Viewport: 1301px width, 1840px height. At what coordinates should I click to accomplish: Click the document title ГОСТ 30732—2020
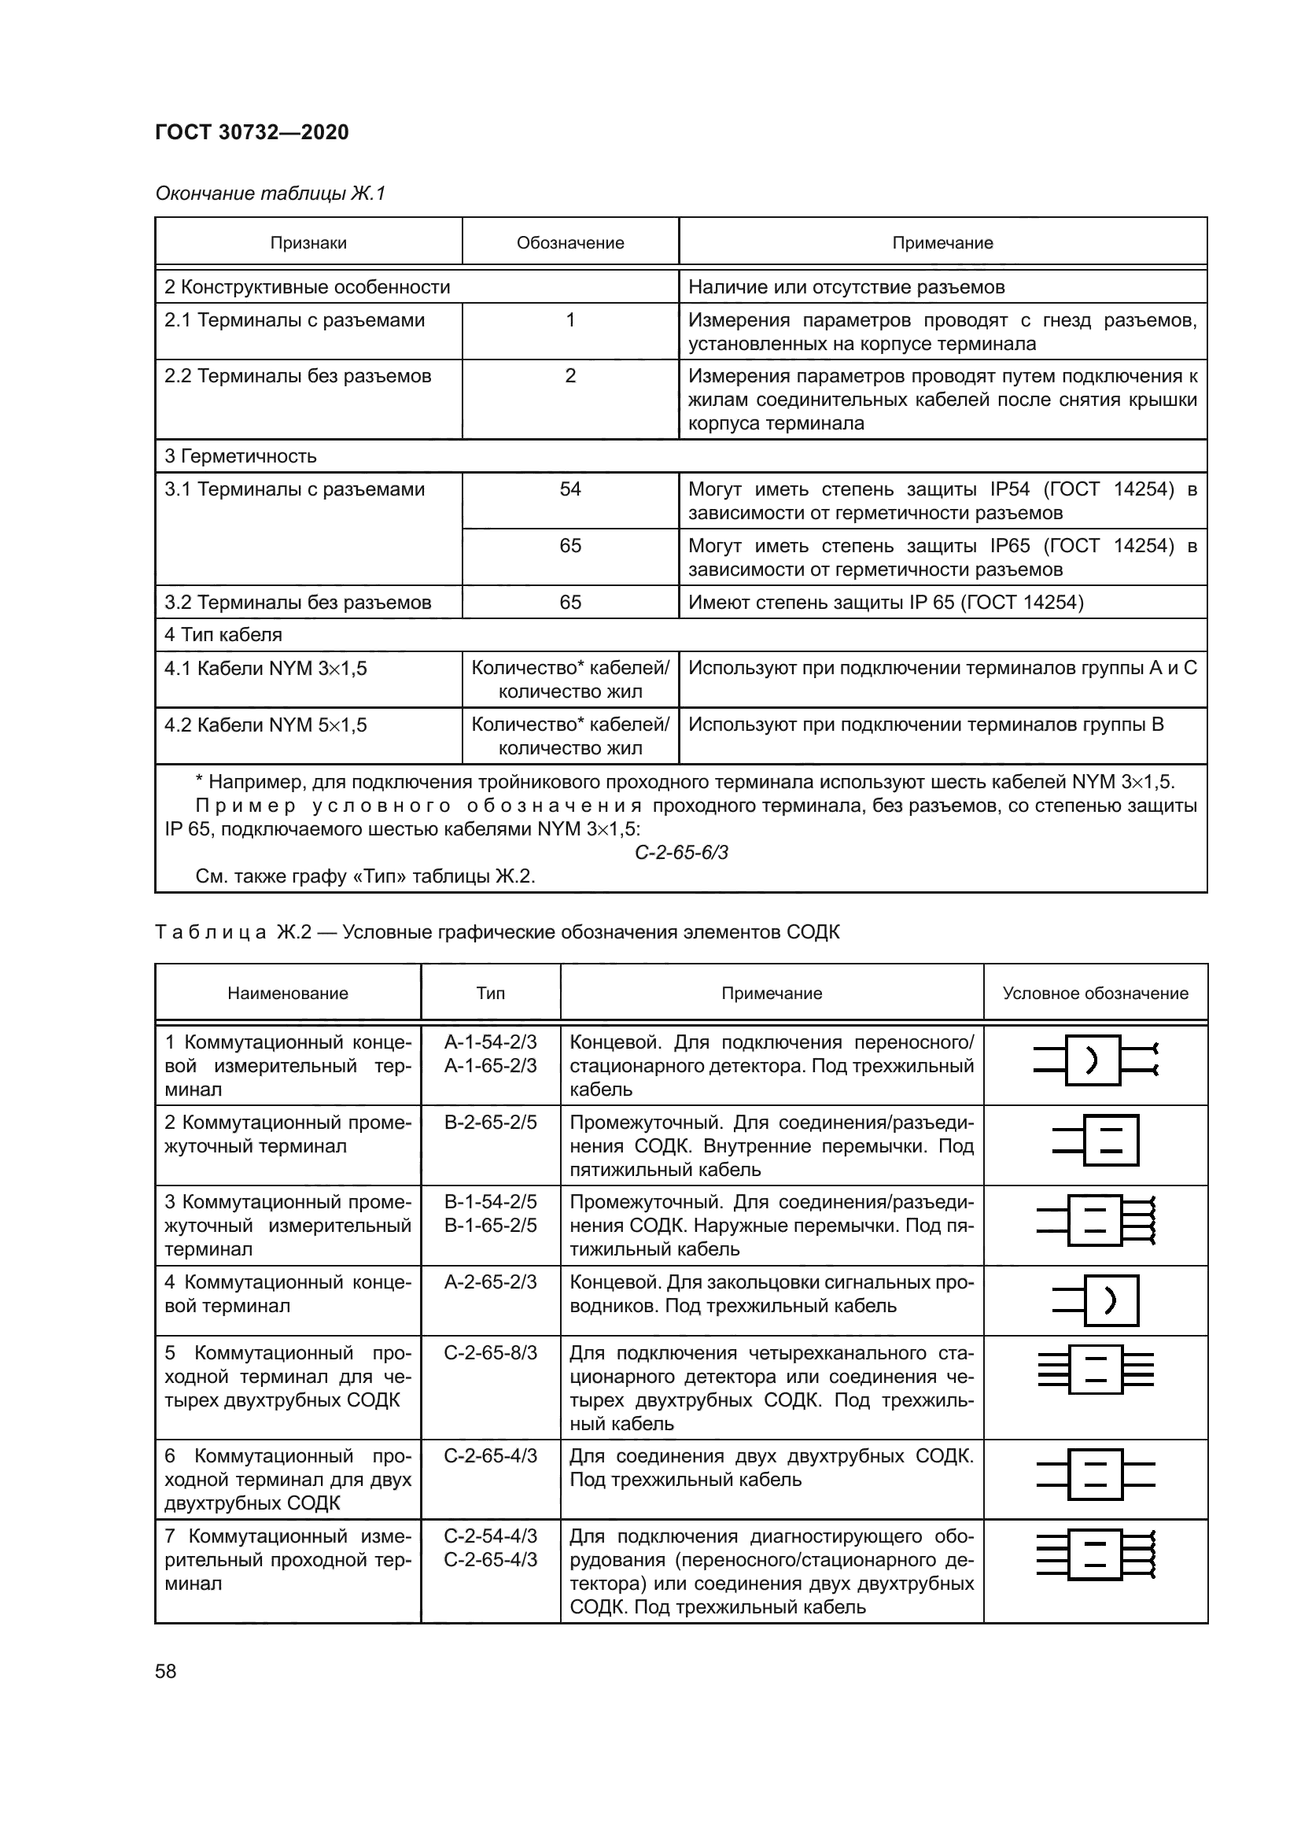(x=252, y=132)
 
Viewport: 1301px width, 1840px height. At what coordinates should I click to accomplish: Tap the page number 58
(x=166, y=1671)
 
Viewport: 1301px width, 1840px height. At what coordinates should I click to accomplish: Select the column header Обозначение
(x=569, y=243)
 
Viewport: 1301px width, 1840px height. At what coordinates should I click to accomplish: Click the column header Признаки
(x=308, y=243)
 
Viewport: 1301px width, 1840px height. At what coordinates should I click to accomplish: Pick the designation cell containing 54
(x=569, y=489)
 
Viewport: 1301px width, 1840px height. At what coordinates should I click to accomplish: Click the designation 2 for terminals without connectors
(x=569, y=376)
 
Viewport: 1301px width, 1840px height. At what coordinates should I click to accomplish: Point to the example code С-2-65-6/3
(x=681, y=852)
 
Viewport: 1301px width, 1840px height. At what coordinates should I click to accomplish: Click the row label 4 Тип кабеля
(x=223, y=635)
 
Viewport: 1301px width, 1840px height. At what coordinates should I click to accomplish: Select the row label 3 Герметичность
(x=241, y=456)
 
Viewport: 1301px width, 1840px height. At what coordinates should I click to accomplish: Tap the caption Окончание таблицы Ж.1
(x=270, y=194)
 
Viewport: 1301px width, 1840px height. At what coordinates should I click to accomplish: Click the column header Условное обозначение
(x=1095, y=993)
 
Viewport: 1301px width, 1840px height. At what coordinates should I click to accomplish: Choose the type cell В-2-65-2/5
(x=490, y=1122)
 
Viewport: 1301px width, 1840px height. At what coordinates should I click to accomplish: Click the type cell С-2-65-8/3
(x=490, y=1353)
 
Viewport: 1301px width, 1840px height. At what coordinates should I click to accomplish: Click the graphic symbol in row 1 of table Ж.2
(x=1095, y=1060)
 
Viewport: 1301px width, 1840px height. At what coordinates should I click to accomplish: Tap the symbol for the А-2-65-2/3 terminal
(x=1095, y=1300)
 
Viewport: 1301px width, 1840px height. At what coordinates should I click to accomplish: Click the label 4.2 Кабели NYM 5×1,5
(x=266, y=725)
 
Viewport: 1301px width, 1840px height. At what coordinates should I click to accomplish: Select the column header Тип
(x=490, y=993)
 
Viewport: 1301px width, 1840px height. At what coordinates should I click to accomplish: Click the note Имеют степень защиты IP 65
(x=885, y=602)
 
